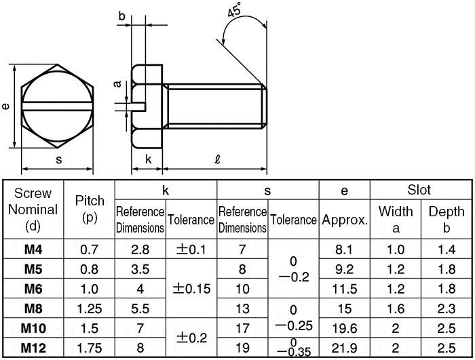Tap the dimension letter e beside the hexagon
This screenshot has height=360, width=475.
(5, 106)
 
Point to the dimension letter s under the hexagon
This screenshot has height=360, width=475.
(59, 159)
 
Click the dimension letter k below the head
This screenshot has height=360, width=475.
(148, 159)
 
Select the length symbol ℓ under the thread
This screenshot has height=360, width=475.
(217, 159)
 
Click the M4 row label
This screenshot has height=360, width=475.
(33, 249)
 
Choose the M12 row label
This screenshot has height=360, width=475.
(33, 348)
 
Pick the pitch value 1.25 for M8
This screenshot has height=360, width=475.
(90, 309)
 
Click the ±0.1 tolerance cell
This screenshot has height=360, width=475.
(191, 249)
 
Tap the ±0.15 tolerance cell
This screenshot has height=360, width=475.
(192, 289)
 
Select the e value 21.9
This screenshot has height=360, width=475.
(345, 348)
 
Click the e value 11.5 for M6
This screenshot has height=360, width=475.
(345, 289)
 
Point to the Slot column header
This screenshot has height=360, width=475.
(419, 190)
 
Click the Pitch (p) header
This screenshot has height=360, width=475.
(90, 209)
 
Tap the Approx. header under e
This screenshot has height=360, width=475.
(345, 220)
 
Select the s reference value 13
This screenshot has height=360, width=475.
(242, 309)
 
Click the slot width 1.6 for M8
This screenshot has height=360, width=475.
(396, 309)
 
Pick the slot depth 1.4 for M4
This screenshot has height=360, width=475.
(446, 249)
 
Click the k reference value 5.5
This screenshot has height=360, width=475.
(140, 309)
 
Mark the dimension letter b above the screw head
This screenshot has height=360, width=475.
(121, 16)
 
